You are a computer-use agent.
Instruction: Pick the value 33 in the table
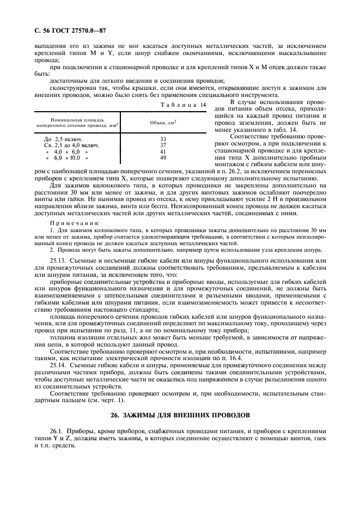(162, 139)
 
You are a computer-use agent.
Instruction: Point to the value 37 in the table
(162, 145)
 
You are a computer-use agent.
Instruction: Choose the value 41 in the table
(162, 151)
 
